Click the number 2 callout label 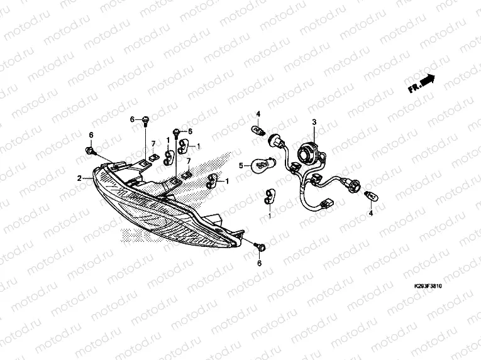coord(80,178)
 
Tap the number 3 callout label coord(314,123)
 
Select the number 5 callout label coord(240,166)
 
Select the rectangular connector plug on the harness coord(327,205)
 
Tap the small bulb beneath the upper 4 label coord(257,130)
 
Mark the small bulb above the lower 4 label coord(372,197)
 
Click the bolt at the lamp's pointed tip coord(258,247)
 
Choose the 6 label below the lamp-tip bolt coord(258,264)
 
